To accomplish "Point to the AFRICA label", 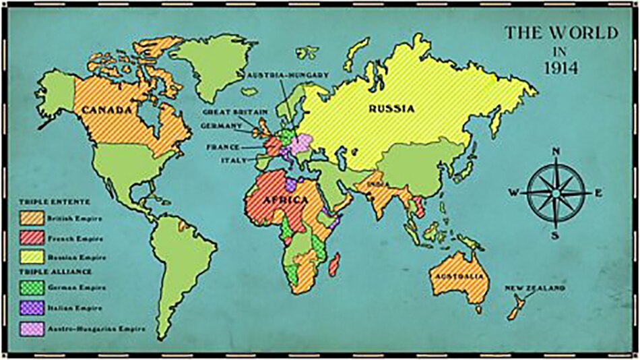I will (x=286, y=200).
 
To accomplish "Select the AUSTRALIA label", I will (x=459, y=278).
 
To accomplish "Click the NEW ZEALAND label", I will (x=536, y=289).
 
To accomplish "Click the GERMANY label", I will (x=221, y=125).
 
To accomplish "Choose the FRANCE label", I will (x=224, y=146).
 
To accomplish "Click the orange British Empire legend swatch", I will (x=31, y=218).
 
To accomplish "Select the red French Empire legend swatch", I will (x=31, y=238).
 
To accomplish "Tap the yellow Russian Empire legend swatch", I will (x=31, y=257).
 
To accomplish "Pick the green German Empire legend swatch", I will (x=31, y=289).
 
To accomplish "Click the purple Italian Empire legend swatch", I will (x=31, y=309).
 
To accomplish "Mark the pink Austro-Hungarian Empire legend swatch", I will (x=31, y=328).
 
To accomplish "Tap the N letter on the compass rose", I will (x=556, y=151).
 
